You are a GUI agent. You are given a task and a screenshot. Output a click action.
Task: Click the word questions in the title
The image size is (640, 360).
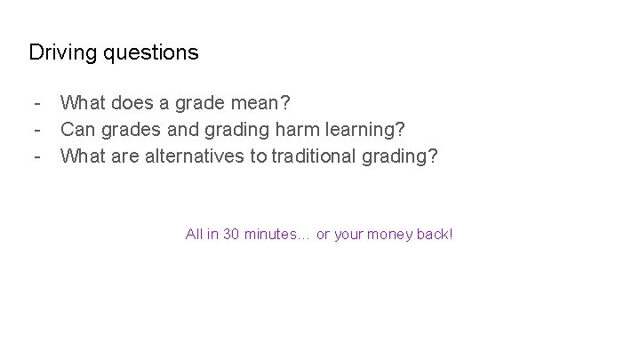[x=150, y=53]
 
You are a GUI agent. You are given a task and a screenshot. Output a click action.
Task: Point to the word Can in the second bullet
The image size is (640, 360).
[x=78, y=130]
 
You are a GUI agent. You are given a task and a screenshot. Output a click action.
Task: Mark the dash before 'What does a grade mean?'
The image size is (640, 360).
[x=36, y=104]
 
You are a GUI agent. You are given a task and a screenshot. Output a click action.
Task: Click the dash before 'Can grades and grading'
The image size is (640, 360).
[x=36, y=130]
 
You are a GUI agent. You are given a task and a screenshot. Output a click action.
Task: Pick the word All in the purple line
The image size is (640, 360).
[x=193, y=235]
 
